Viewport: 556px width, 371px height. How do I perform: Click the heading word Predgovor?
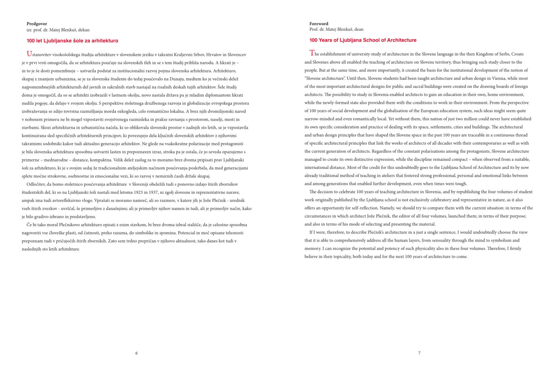[36, 24]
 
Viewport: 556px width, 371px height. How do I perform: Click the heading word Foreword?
[319, 24]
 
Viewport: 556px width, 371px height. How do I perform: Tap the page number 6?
[137, 353]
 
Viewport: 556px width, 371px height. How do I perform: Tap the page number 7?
[419, 353]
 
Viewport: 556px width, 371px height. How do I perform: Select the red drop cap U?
[29, 54]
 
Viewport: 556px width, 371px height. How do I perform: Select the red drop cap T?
[312, 53]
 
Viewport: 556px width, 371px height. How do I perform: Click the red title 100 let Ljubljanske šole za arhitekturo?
[72, 41]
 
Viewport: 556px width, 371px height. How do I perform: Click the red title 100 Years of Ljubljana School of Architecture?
[363, 40]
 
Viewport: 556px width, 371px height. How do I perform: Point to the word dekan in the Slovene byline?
[84, 30]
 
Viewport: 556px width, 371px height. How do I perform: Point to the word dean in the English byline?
[359, 30]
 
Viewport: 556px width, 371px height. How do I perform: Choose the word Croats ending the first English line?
[517, 54]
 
